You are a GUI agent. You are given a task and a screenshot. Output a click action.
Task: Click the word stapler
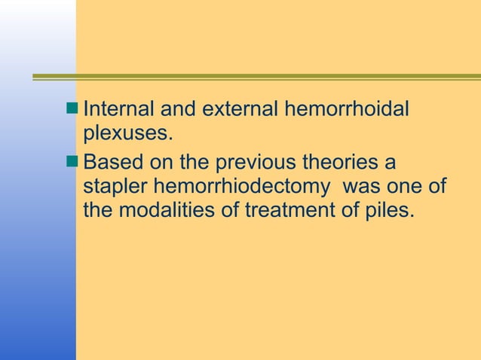coord(115,185)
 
